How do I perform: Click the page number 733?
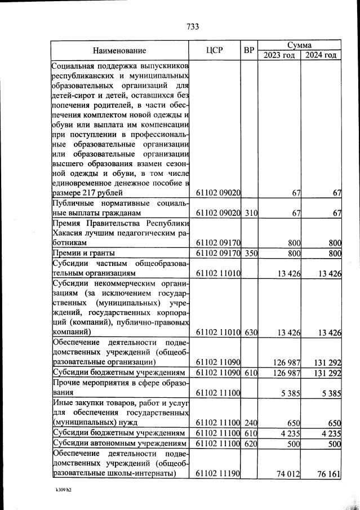point(192,26)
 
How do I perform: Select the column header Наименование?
point(119,50)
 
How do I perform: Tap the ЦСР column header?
point(215,50)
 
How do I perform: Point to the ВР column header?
point(249,50)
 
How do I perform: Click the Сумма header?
point(299,45)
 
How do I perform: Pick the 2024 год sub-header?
point(321,55)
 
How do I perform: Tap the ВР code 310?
point(251,214)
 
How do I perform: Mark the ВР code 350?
point(251,253)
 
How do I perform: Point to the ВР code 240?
point(251,423)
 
